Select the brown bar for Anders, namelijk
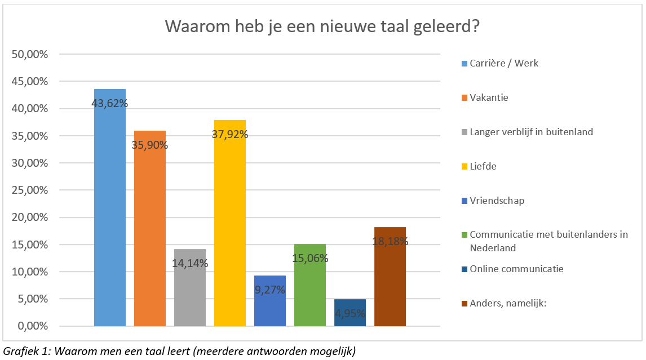point(390,282)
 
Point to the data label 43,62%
point(110,104)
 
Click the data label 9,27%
point(270,290)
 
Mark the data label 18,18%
point(390,241)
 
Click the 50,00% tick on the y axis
point(29,55)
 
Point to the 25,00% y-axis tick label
point(29,190)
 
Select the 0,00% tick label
point(32,326)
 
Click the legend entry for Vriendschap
point(497,201)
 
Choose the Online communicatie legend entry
point(516,269)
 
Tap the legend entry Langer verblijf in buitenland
point(531,132)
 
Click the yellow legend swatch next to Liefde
point(464,167)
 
